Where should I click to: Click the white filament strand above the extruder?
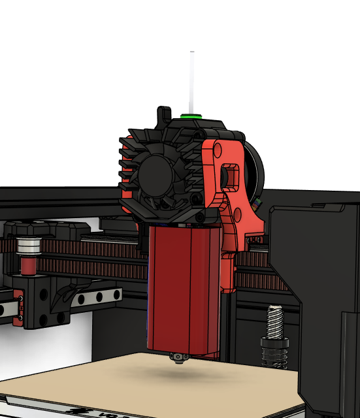point(191,82)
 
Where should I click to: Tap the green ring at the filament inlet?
point(191,116)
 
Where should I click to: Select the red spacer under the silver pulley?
point(29,266)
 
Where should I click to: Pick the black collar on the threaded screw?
point(275,342)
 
